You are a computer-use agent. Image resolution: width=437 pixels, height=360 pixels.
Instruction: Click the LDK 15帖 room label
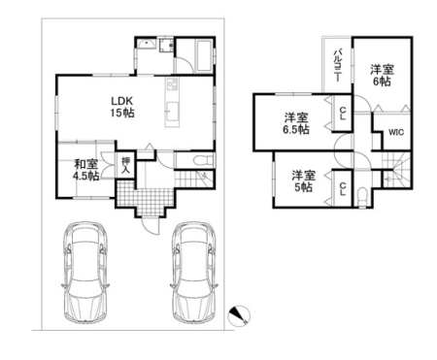coord(122,107)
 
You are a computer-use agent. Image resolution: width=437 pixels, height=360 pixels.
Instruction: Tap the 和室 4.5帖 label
coord(86,170)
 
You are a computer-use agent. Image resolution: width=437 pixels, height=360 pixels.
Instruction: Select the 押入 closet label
coord(125,165)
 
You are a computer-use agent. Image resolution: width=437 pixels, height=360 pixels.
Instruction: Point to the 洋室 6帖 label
coord(382,76)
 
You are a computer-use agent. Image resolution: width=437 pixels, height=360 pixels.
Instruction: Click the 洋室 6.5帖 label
coord(296,123)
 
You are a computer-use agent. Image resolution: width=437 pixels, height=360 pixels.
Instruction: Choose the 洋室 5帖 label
coord(303,181)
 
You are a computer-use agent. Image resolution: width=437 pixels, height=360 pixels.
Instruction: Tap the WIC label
coord(396,132)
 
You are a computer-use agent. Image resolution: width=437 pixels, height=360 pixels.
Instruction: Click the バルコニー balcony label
coord(338,65)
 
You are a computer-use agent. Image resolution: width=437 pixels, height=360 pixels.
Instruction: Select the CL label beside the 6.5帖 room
coord(343,114)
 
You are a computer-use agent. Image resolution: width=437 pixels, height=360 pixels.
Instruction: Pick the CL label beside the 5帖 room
coord(343,188)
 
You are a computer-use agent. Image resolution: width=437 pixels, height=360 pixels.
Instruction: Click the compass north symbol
coord(239,314)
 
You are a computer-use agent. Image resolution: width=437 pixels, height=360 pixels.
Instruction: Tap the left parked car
coord(85,272)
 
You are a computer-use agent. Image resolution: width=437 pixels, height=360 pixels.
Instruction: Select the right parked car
coord(193,272)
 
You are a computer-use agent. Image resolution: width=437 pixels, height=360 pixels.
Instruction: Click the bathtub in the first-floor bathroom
coord(204,55)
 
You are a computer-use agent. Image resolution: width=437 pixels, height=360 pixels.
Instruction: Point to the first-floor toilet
coord(203,160)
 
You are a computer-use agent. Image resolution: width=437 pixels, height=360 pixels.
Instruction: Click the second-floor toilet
coord(361,196)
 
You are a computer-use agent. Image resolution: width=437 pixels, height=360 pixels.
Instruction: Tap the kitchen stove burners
coord(172,84)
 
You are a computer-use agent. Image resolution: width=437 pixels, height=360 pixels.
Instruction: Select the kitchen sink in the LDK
coord(172,111)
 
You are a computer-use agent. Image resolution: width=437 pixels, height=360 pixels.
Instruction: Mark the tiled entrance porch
coord(146,198)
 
